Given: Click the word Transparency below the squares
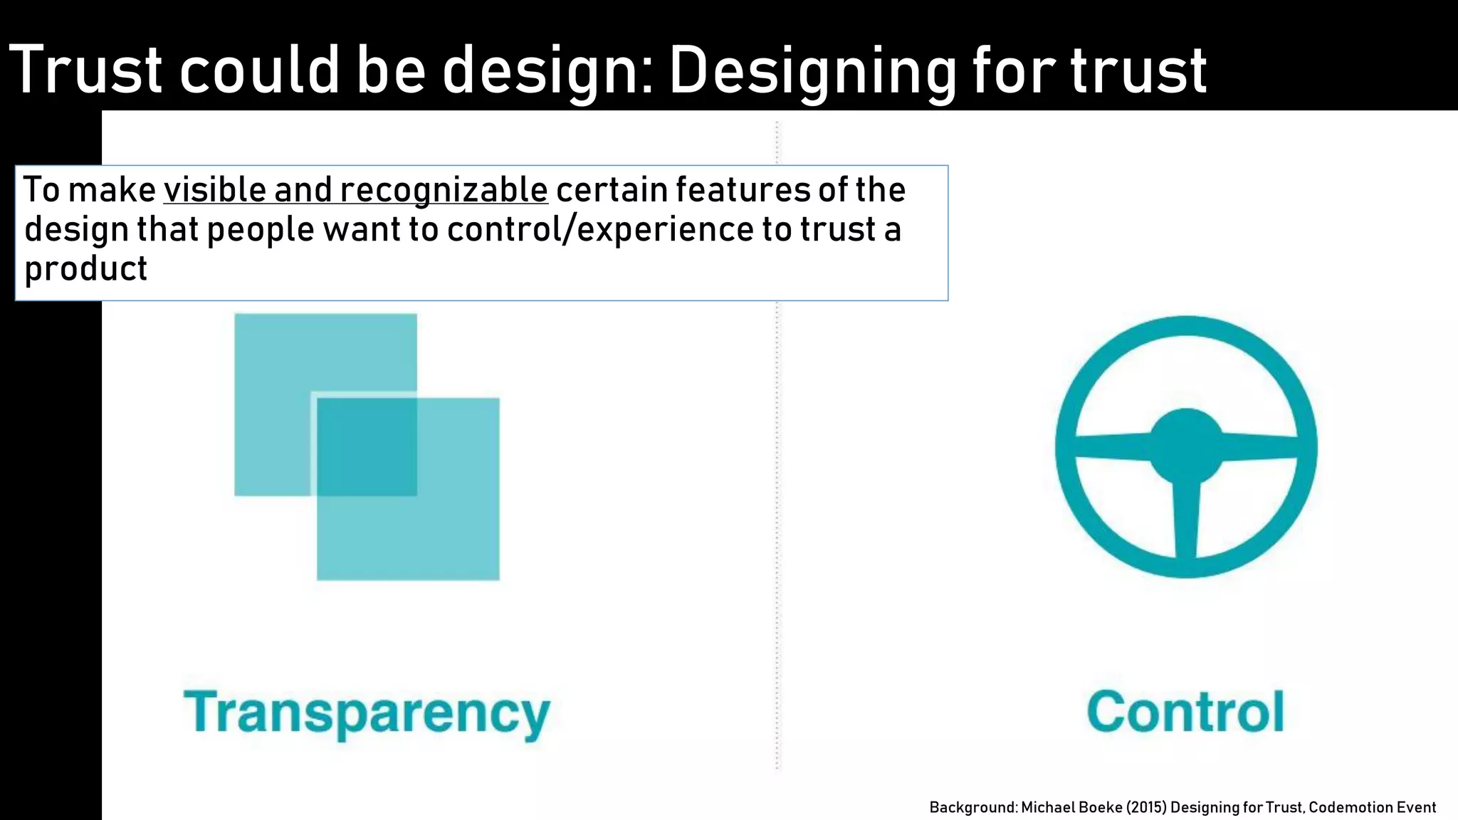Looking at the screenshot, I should click(367, 713).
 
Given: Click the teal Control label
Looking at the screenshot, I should click(1185, 711).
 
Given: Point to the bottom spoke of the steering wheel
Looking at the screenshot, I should click(1186, 520).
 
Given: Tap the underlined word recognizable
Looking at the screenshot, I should click(444, 190).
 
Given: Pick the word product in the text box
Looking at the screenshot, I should click(85, 269).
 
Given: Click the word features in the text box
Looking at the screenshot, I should click(742, 190).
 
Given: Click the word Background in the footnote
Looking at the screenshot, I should click(972, 807).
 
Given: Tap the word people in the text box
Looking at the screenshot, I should click(261, 229).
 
